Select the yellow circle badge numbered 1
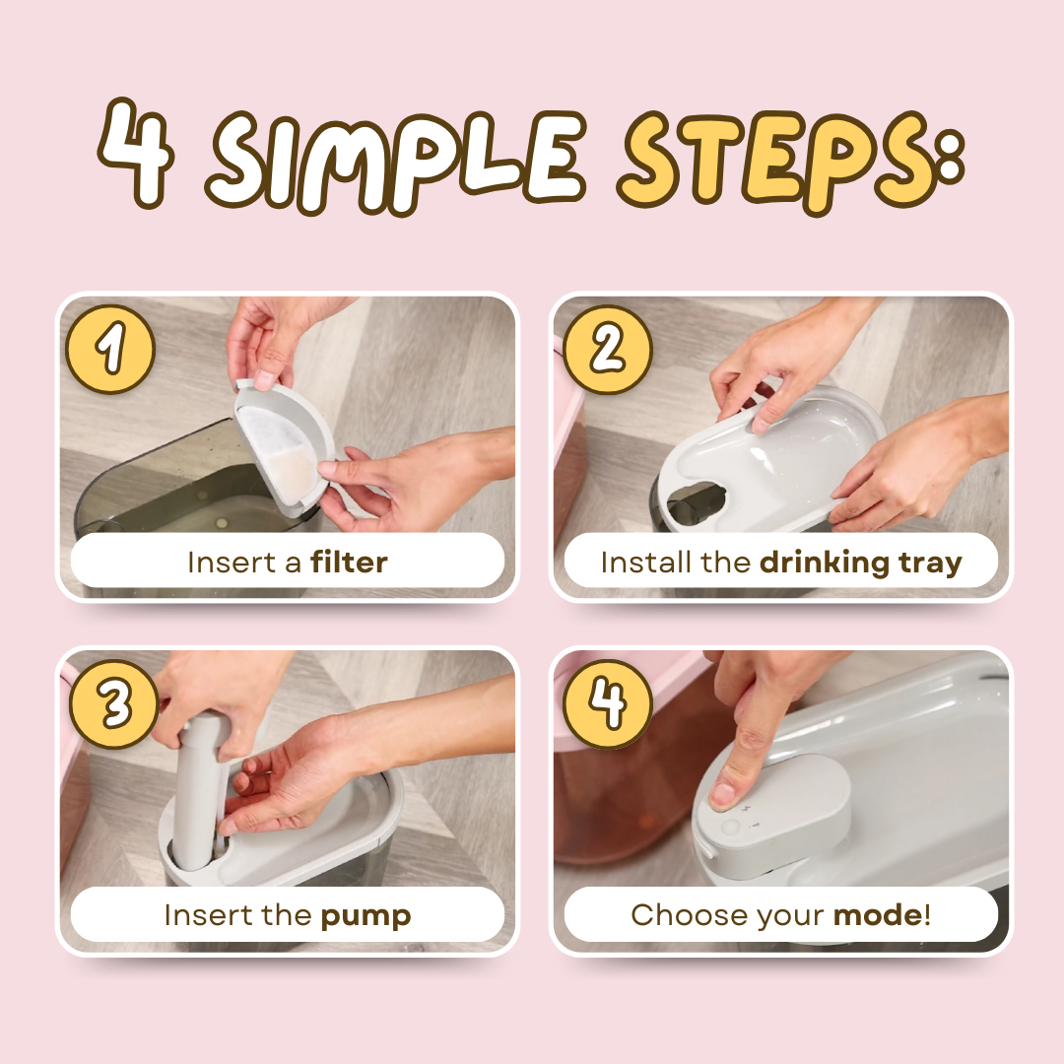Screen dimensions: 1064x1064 click(x=110, y=350)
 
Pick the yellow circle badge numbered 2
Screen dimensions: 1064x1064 click(x=607, y=350)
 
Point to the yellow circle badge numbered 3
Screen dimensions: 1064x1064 click(x=115, y=703)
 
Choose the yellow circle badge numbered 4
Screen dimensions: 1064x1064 click(x=607, y=703)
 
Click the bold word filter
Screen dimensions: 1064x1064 click(x=349, y=562)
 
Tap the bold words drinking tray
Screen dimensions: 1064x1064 click(x=860, y=564)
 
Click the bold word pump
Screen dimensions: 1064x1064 click(x=366, y=917)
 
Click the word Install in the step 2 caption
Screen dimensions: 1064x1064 click(x=640, y=563)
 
